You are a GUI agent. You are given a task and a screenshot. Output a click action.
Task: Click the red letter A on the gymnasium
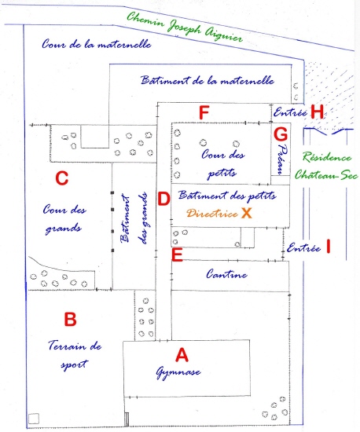(182, 355)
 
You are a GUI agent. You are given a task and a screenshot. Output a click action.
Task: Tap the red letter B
(70, 319)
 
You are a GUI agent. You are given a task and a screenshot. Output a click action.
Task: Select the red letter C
(62, 178)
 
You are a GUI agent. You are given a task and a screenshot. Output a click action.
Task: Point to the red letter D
(163, 199)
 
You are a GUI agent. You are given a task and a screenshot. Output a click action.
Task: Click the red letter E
(177, 254)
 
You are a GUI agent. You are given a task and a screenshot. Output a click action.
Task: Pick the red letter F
(204, 112)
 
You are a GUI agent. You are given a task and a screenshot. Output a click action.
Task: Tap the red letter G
(281, 134)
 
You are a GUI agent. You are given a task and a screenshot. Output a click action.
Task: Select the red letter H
(317, 112)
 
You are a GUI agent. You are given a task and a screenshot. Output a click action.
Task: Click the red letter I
(328, 246)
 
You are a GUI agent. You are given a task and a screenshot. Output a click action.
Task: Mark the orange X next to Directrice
(247, 213)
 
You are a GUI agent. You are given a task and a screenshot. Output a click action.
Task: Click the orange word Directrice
(212, 213)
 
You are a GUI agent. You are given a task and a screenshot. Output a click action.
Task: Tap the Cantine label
(226, 274)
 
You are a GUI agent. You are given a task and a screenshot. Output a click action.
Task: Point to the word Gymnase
(178, 373)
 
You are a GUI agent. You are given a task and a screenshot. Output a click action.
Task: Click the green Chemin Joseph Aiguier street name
(185, 27)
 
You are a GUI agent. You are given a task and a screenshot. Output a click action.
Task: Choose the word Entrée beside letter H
(290, 112)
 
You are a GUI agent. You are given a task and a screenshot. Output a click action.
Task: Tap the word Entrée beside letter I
(303, 248)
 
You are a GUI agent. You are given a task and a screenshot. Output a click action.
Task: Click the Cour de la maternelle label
(97, 44)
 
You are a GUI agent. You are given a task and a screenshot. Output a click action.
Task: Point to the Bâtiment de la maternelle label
(208, 80)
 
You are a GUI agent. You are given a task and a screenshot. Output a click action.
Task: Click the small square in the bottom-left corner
(34, 419)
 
